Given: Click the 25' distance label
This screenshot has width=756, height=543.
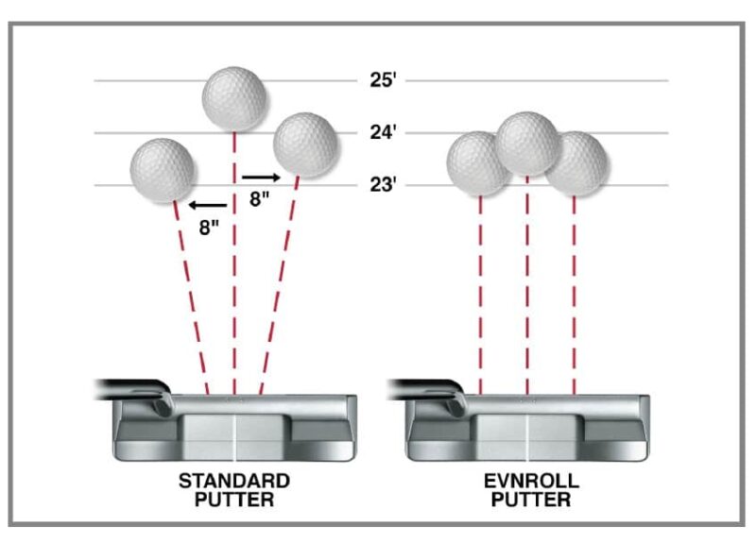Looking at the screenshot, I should point(381,80).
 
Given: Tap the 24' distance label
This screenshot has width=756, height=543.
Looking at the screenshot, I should point(382,132).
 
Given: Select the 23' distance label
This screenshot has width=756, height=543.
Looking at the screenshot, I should point(382,184).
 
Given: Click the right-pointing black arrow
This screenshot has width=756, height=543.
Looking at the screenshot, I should point(261,177).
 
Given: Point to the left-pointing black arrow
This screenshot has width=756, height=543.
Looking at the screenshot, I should point(207,204).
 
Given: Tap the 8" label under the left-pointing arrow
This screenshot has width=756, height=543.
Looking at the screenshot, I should point(210,227).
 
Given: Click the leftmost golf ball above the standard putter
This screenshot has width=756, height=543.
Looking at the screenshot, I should point(163,170).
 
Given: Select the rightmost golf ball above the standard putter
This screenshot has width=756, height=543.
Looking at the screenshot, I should point(305,144).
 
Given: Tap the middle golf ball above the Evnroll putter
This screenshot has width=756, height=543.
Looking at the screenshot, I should point(527,144).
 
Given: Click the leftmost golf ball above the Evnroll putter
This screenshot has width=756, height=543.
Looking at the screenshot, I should point(477,162).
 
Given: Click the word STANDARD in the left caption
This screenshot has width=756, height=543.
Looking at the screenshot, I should point(234,481).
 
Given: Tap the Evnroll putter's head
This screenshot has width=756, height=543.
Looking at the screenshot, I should point(527,430).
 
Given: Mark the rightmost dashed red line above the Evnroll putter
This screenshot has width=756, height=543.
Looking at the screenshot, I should point(575,293).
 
